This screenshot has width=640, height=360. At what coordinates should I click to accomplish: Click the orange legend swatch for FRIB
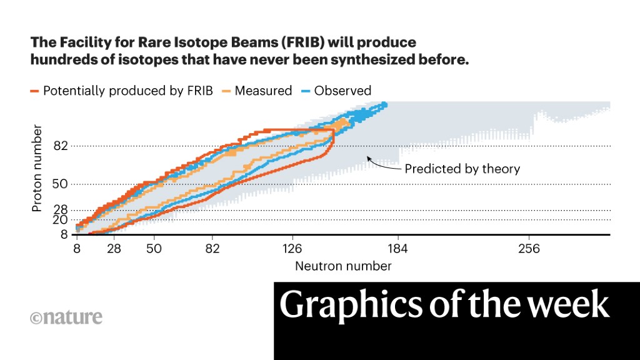tap(34, 91)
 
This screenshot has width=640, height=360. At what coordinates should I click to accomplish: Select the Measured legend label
tap(263, 91)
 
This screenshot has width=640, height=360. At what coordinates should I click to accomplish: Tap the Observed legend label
tap(342, 91)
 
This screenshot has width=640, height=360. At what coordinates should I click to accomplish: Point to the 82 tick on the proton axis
tap(61, 146)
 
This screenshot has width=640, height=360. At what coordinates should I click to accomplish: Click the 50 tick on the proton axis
tap(60, 184)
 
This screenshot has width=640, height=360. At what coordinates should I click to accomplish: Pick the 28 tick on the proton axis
tap(60, 210)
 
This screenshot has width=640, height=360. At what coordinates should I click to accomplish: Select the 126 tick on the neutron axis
tap(292, 249)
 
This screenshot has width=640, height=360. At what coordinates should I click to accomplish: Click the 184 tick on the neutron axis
tap(397, 249)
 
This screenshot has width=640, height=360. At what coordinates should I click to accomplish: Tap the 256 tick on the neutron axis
tap(529, 249)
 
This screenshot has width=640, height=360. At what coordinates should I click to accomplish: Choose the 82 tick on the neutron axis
tap(212, 249)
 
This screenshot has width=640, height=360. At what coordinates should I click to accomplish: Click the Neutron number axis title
tap(343, 266)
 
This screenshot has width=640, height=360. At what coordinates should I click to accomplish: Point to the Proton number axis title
tap(37, 168)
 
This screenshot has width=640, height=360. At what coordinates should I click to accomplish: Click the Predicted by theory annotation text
tap(462, 169)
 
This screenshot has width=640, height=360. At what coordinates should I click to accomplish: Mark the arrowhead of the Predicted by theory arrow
tap(368, 158)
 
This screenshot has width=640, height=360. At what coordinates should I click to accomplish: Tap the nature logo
tap(66, 317)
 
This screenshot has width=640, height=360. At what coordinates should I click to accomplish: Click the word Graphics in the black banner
tap(351, 305)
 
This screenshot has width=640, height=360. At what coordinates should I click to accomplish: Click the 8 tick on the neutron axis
tap(77, 249)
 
